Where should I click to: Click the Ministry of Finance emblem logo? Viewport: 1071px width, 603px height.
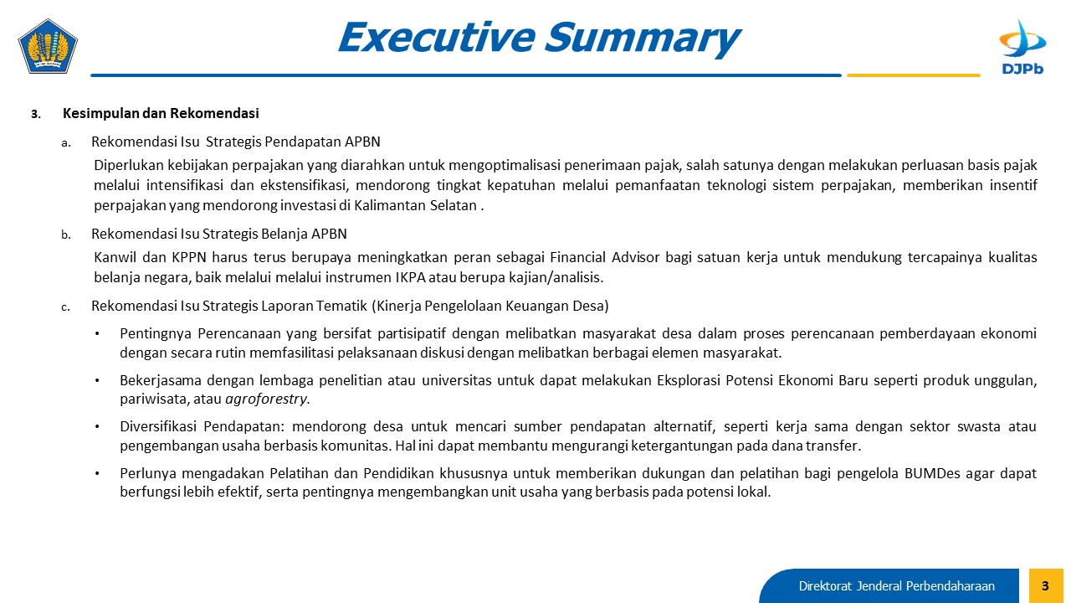[48, 46]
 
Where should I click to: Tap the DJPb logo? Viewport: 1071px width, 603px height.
[1022, 47]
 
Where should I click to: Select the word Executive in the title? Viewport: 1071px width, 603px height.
[437, 38]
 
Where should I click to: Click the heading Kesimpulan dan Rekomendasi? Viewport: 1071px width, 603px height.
[161, 113]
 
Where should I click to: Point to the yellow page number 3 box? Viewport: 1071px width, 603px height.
[1046, 585]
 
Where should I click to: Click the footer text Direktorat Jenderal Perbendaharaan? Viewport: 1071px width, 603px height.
[896, 586]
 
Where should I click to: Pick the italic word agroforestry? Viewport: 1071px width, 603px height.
[266, 399]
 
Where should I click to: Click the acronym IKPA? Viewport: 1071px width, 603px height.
[410, 277]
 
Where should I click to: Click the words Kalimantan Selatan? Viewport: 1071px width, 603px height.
[415, 205]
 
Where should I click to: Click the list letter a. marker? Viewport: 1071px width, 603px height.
[66, 142]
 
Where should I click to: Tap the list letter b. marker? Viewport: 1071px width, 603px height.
[66, 234]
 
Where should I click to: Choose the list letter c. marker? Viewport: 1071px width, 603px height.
[65, 307]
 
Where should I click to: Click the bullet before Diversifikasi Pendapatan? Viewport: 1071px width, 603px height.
[97, 426]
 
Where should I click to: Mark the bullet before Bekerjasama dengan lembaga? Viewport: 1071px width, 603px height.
[97, 380]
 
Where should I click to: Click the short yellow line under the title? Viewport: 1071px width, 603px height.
[913, 75]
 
